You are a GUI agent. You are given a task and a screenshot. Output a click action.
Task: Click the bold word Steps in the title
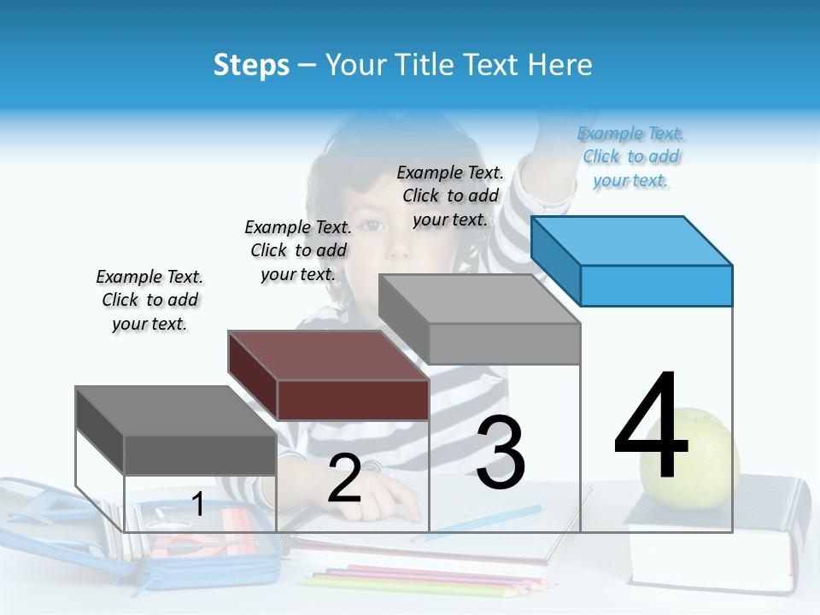tap(251, 65)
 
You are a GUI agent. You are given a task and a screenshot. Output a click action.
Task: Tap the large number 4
tap(652, 427)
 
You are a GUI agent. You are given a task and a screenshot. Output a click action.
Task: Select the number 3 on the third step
tap(501, 454)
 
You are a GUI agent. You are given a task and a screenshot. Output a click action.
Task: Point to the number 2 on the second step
tap(344, 479)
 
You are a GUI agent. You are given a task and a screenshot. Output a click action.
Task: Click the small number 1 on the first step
tap(197, 505)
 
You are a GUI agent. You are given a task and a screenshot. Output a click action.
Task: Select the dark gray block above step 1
tap(199, 454)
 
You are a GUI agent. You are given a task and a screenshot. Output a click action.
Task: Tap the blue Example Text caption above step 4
tap(631, 156)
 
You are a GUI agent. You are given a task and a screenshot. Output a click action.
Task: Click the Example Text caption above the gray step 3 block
tap(450, 196)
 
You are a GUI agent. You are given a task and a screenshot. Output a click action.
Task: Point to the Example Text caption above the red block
tap(298, 250)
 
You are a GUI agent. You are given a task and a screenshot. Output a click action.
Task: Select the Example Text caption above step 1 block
tap(149, 300)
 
